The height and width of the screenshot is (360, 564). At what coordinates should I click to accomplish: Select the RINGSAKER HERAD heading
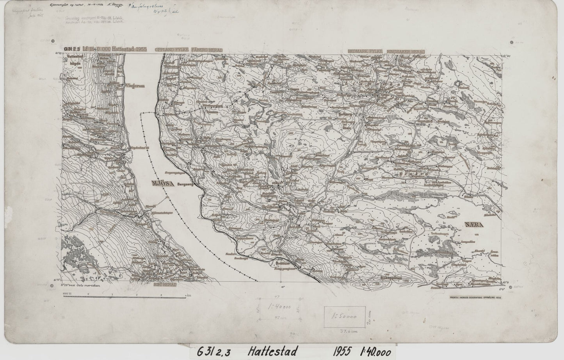pyautogui.click(x=406, y=51)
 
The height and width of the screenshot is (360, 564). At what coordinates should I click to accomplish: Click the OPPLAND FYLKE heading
pyautogui.click(x=172, y=50)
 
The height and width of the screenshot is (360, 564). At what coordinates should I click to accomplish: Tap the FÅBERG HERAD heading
pyautogui.click(x=207, y=50)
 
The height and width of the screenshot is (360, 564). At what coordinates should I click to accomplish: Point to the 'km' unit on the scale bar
pyautogui.click(x=189, y=296)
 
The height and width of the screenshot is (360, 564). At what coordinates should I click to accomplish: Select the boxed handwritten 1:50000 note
pyautogui.click(x=345, y=314)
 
